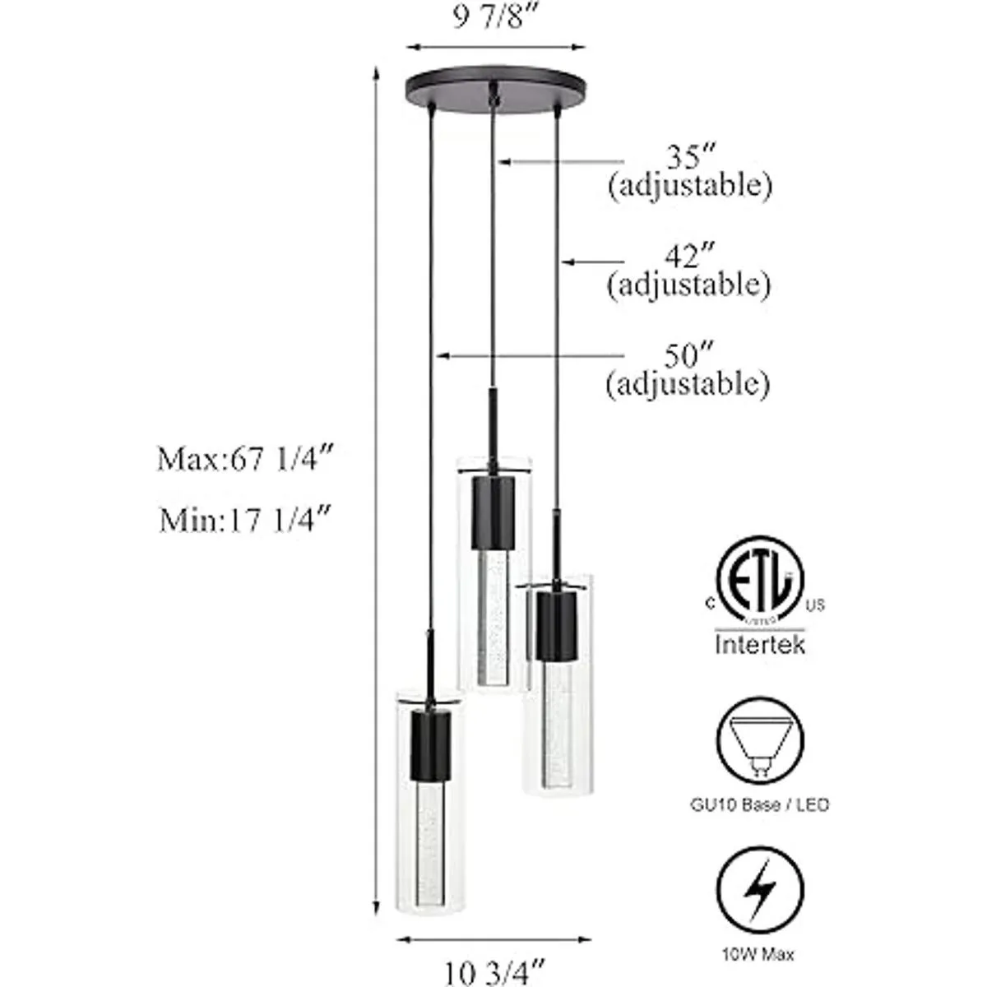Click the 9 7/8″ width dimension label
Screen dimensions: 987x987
[x=493, y=20]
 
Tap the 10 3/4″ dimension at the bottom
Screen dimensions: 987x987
[x=493, y=970]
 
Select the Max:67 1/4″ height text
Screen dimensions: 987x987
[x=246, y=459]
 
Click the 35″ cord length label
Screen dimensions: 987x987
[x=690, y=156]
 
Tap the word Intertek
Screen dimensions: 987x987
[x=760, y=644]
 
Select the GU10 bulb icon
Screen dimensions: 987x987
[x=760, y=740]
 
